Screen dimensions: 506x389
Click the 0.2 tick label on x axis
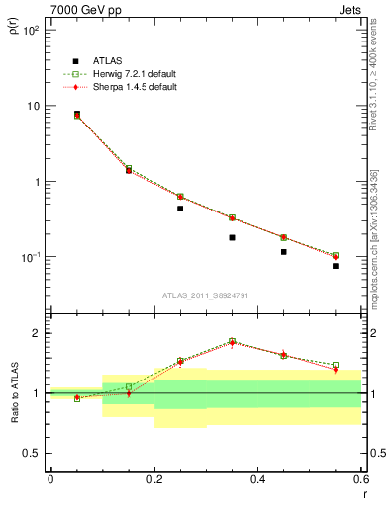(x=154, y=479)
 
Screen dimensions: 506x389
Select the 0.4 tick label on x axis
(x=258, y=479)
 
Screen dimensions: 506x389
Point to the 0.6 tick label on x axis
(x=359, y=479)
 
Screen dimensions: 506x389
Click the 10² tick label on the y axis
(x=30, y=30)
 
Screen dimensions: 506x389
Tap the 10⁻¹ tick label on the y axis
(x=29, y=257)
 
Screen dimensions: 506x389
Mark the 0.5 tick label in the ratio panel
(x=32, y=453)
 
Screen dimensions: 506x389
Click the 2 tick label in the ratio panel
(x=38, y=333)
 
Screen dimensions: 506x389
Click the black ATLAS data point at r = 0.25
(x=180, y=209)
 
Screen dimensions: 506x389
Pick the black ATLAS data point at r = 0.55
(x=336, y=266)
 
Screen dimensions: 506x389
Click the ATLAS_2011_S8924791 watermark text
(x=205, y=295)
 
